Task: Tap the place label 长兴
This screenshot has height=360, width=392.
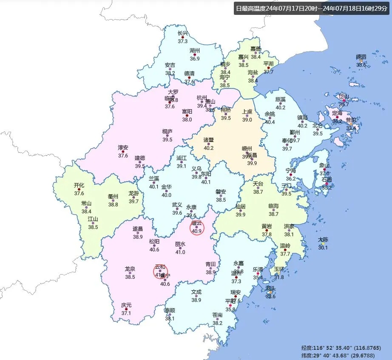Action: click(x=183, y=34)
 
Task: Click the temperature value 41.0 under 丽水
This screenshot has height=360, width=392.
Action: click(x=180, y=252)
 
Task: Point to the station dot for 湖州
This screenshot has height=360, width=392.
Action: click(x=195, y=55)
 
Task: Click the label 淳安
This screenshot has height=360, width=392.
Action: click(x=123, y=147)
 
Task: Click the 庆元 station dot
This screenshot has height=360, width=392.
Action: click(x=126, y=309)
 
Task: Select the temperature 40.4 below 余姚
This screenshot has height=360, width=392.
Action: click(x=270, y=122)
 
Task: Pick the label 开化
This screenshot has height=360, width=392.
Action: click(x=79, y=185)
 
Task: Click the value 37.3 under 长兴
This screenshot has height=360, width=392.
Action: click(x=183, y=41)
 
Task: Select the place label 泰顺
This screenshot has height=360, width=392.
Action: click(x=170, y=310)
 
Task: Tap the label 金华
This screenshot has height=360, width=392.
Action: click(x=166, y=187)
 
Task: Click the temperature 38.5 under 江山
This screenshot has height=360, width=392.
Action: click(x=93, y=227)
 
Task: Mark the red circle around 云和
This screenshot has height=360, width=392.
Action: click(x=161, y=272)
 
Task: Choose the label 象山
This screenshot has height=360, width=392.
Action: click(x=324, y=166)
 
